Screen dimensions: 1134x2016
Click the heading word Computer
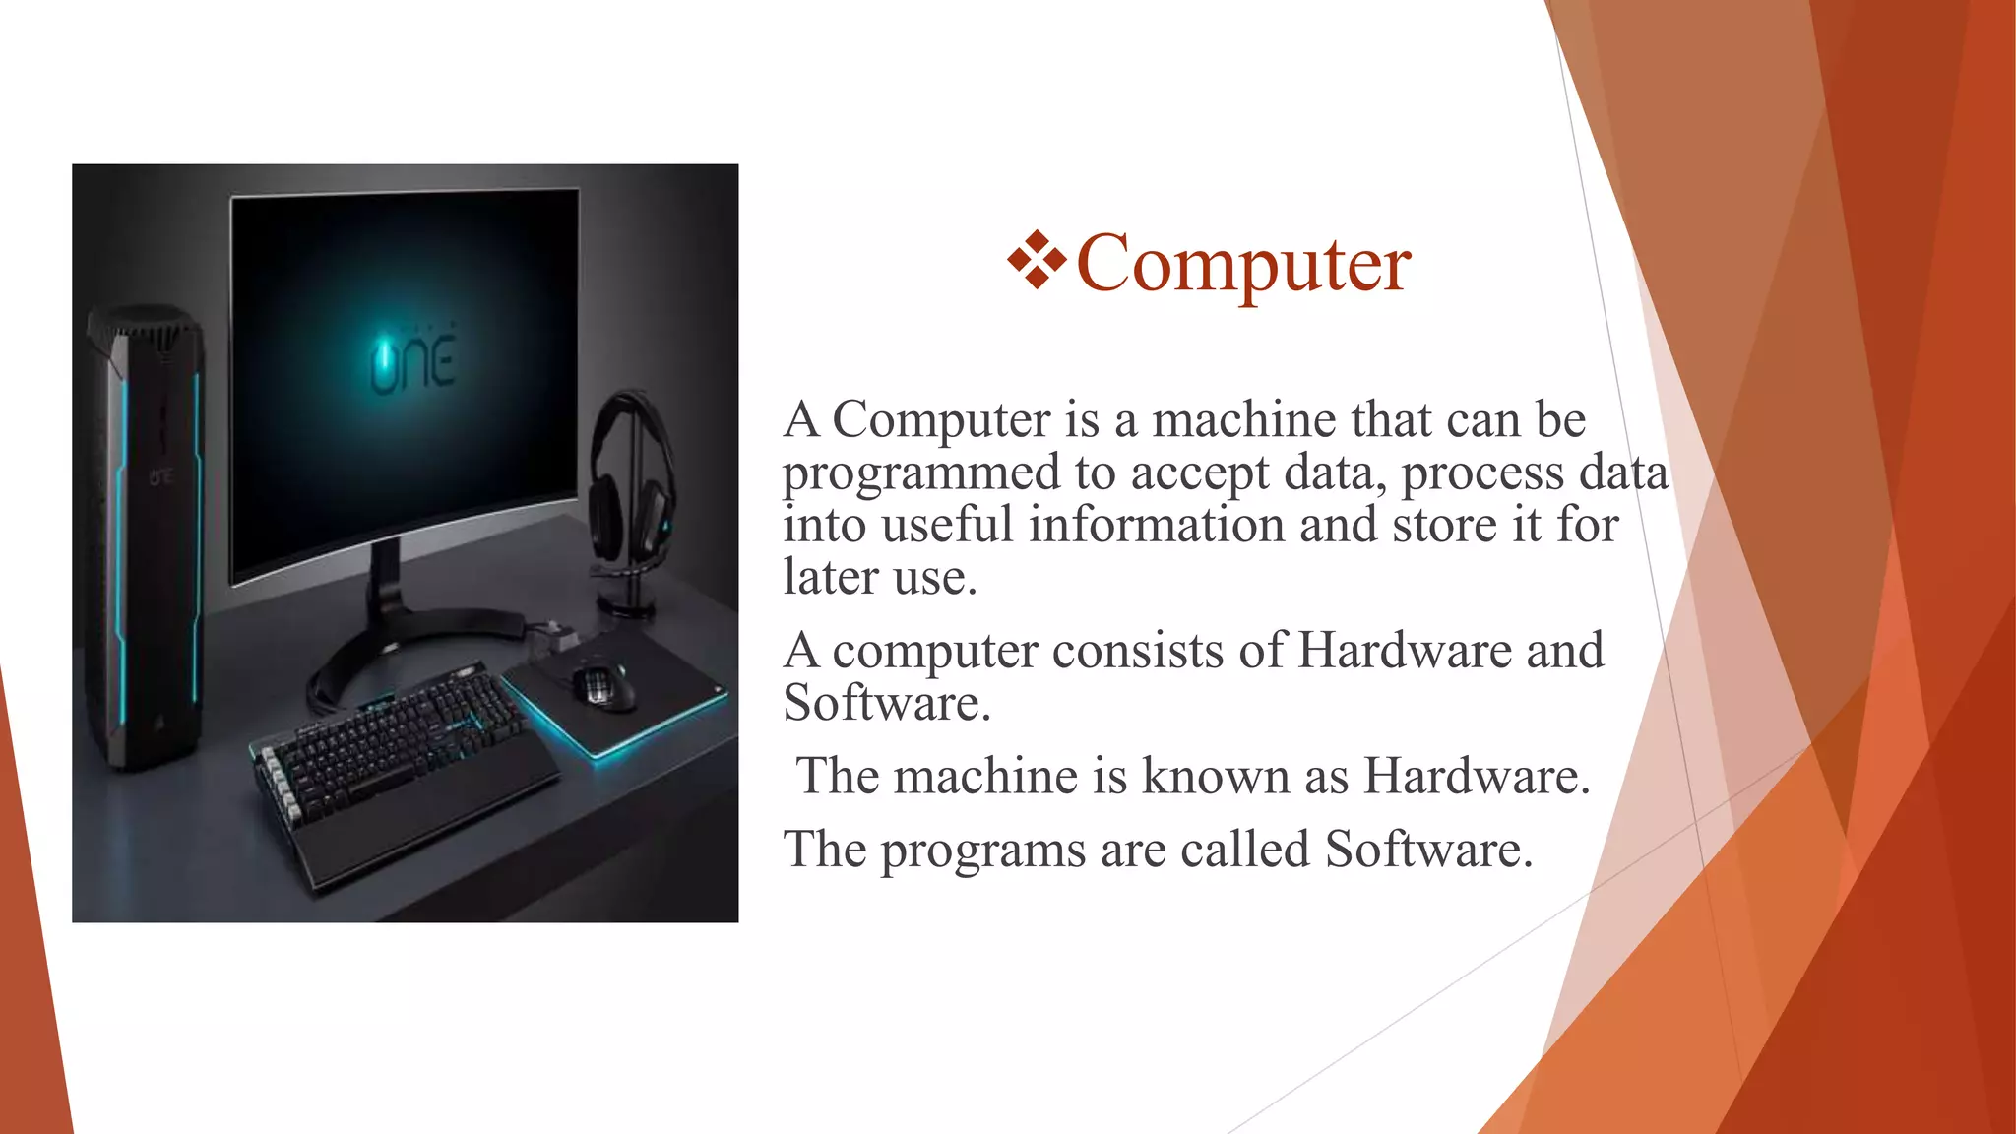pyautogui.click(x=1243, y=263)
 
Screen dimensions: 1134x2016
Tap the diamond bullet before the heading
pyautogui.click(x=1037, y=260)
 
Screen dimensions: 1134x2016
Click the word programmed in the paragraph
pyautogui.click(x=920, y=473)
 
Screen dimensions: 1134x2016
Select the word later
pyautogui.click(x=830, y=577)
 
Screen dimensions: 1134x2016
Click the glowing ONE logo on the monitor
pyautogui.click(x=412, y=362)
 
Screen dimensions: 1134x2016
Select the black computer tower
pyautogui.click(x=148, y=532)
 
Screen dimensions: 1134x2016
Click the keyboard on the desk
pyautogui.click(x=394, y=743)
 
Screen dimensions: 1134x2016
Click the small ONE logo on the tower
pyautogui.click(x=161, y=476)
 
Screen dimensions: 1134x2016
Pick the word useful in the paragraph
pyautogui.click(x=947, y=525)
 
